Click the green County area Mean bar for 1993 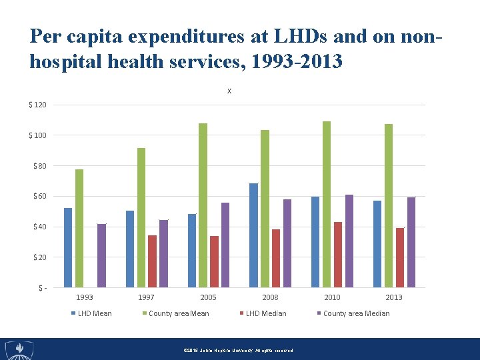[x=79, y=228]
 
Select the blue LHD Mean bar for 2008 [x=253, y=235]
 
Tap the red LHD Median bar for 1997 [x=152, y=261]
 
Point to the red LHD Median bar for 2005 [x=214, y=261]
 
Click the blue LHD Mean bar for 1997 [x=130, y=249]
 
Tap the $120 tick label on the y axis [x=37, y=105]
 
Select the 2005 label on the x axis [x=208, y=297]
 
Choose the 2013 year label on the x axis [x=394, y=297]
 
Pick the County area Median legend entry [x=356, y=313]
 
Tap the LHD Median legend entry [x=265, y=313]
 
